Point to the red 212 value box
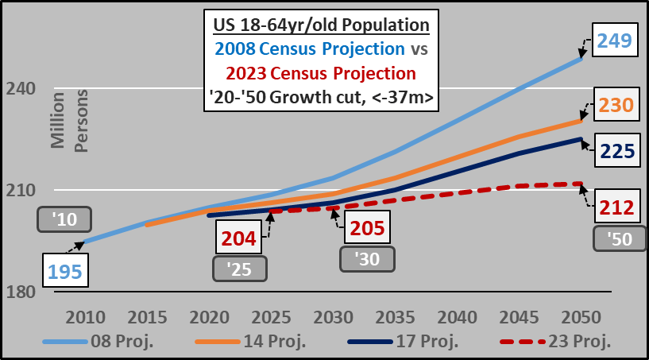[x=616, y=208]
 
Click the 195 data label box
[x=65, y=271]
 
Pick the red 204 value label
[x=238, y=236]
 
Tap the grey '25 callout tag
[x=239, y=269]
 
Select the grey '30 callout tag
[x=366, y=259]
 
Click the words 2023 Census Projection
[x=321, y=73]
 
